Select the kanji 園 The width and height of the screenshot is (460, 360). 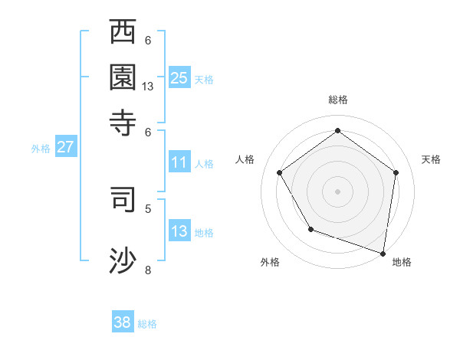tap(123, 77)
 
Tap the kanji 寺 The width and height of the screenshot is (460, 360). tap(123, 121)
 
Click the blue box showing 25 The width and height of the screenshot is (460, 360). tap(179, 78)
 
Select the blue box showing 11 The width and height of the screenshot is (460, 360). tap(179, 162)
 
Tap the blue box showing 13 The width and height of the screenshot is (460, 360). tap(179, 231)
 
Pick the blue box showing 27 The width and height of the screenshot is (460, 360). tap(65, 147)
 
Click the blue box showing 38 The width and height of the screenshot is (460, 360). tap(123, 322)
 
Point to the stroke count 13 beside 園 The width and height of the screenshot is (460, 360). tap(148, 87)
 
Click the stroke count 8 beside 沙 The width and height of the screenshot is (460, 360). tap(148, 270)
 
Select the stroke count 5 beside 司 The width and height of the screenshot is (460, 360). tap(148, 208)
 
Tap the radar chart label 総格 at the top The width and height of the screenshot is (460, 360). tap(337, 100)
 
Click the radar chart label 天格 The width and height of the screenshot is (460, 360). tap(431, 159)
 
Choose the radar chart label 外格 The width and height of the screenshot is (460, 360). tap(270, 262)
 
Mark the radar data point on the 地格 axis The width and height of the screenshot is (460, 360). tap(383, 253)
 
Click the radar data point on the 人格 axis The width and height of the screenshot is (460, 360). tap(279, 172)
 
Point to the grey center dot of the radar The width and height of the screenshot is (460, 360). tap(337, 191)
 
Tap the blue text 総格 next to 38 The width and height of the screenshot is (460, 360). tap(147, 324)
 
